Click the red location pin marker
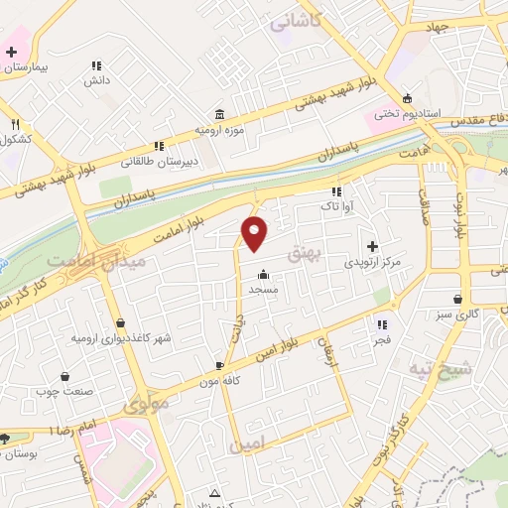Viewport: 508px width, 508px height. [x=255, y=233]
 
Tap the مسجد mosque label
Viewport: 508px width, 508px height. [x=263, y=289]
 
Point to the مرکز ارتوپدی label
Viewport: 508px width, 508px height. [x=372, y=263]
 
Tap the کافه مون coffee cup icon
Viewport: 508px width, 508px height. [x=220, y=365]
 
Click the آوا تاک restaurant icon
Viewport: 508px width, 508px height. [x=336, y=190]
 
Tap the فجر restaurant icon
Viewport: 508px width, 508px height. [x=381, y=324]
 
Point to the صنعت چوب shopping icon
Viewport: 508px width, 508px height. [x=65, y=377]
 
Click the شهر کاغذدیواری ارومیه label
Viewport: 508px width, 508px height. [x=120, y=338]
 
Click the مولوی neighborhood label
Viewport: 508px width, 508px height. [x=145, y=405]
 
